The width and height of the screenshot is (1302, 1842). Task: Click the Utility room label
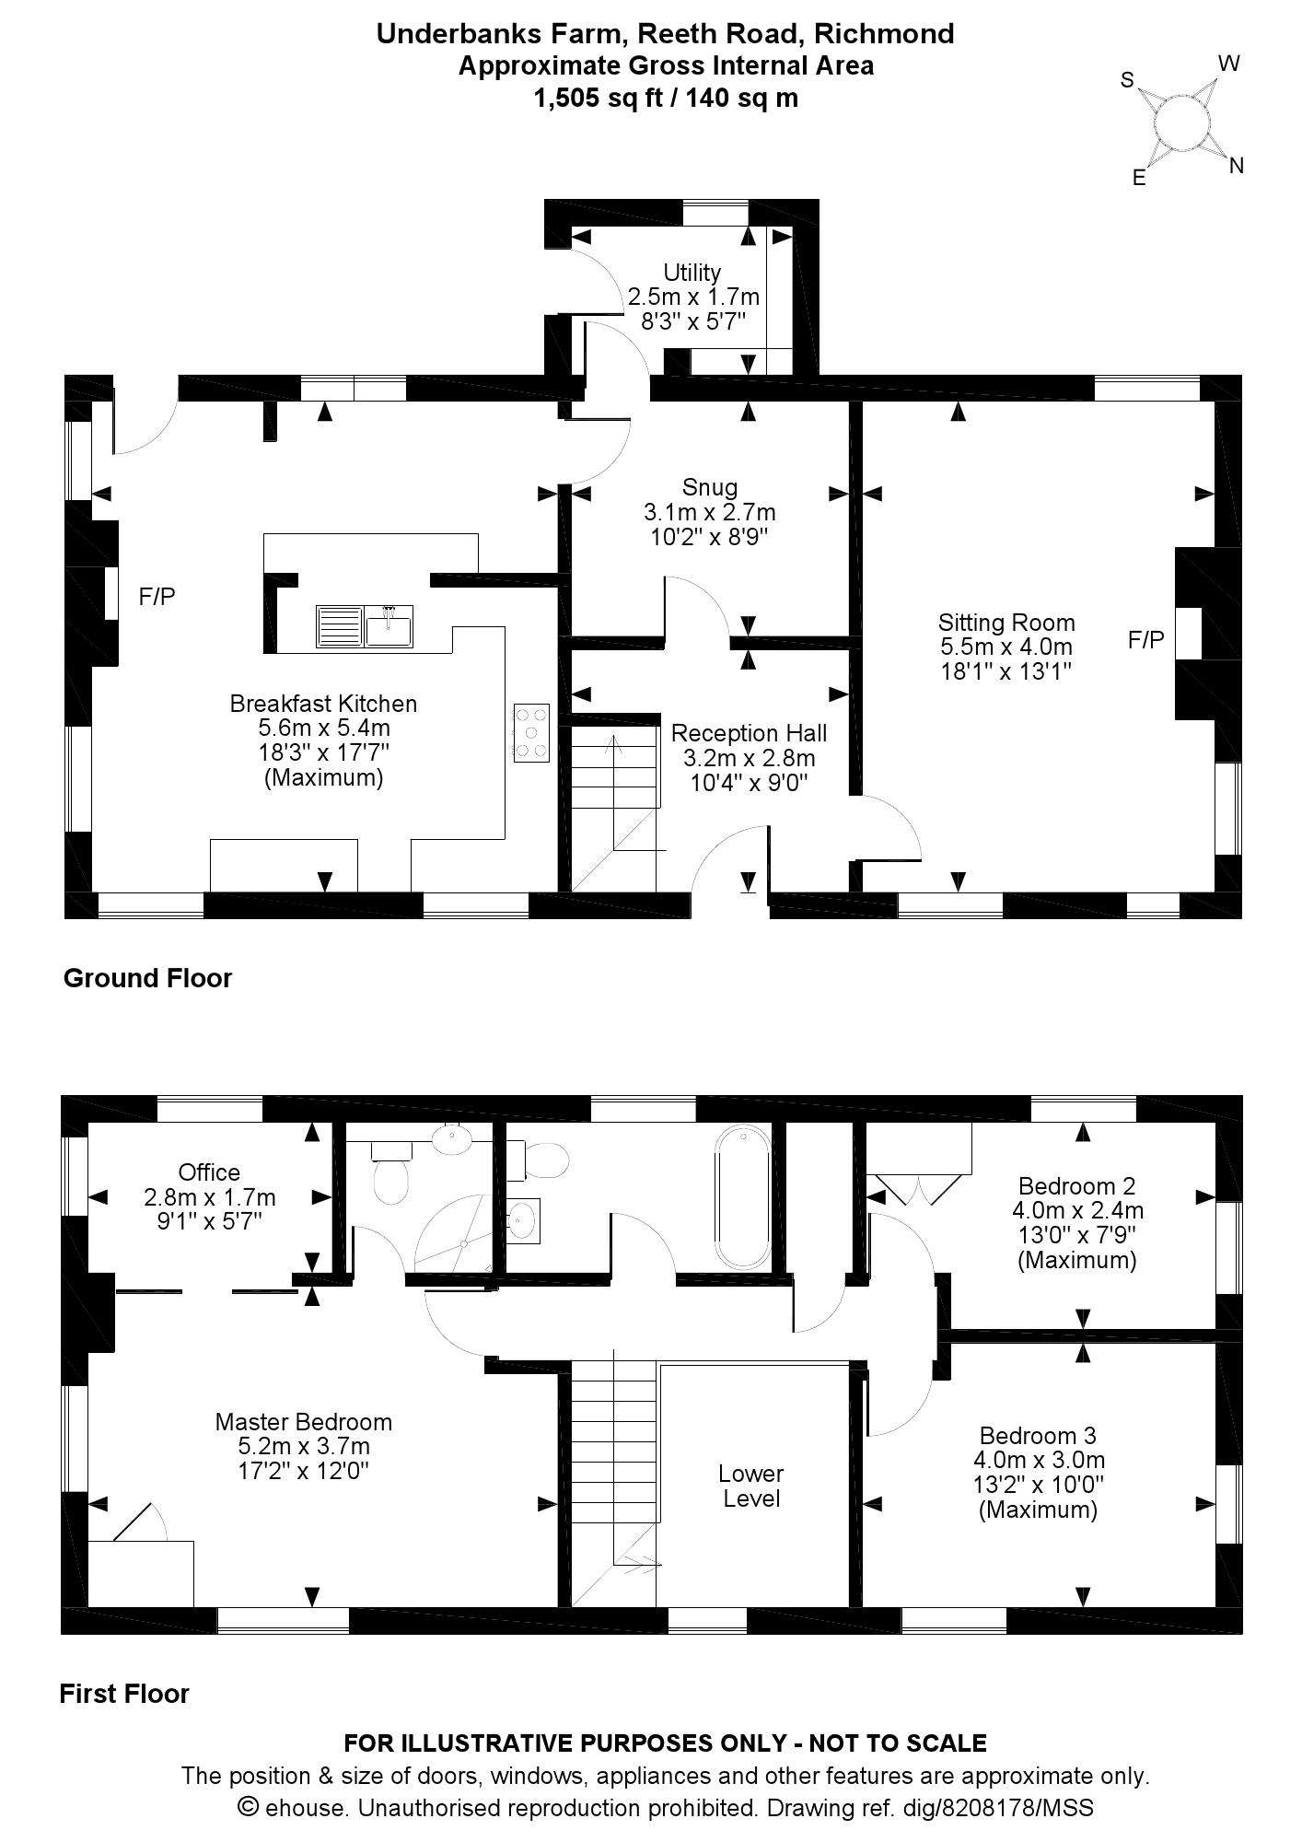(x=692, y=273)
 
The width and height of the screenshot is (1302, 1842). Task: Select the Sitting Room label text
(x=1006, y=623)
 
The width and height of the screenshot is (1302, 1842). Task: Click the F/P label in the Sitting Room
(x=1145, y=639)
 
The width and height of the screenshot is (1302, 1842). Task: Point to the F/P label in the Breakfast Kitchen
(x=157, y=597)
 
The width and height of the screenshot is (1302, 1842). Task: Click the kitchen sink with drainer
(x=364, y=626)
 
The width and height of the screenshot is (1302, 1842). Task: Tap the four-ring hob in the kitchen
(x=531, y=733)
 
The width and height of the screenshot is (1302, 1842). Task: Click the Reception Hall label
(x=749, y=733)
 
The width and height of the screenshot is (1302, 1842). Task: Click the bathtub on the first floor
(x=742, y=1197)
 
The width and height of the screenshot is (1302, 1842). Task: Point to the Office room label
(x=209, y=1172)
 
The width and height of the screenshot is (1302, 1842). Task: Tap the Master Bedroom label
(x=303, y=1422)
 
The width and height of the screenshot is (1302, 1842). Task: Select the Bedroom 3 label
(x=1038, y=1436)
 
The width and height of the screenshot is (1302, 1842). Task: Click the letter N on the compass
(x=1237, y=166)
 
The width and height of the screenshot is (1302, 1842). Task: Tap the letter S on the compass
(x=1126, y=80)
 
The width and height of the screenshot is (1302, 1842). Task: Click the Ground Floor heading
(x=147, y=978)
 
